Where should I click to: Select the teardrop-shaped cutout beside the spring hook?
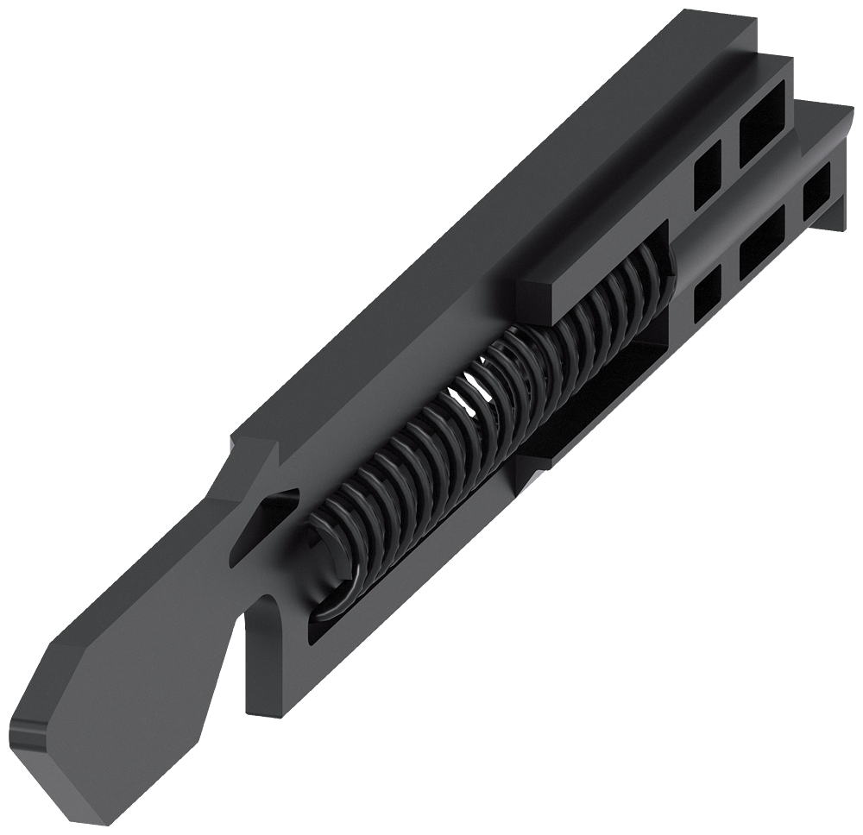click(x=268, y=518)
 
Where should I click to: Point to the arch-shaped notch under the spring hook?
click(x=259, y=638)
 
